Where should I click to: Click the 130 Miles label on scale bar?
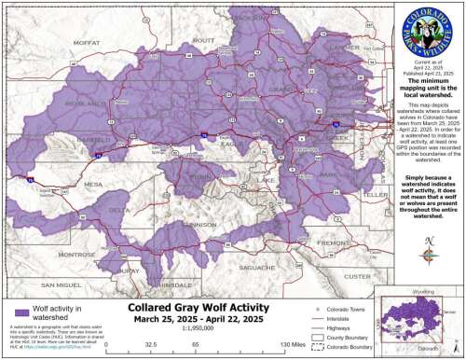coord(295,344)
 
